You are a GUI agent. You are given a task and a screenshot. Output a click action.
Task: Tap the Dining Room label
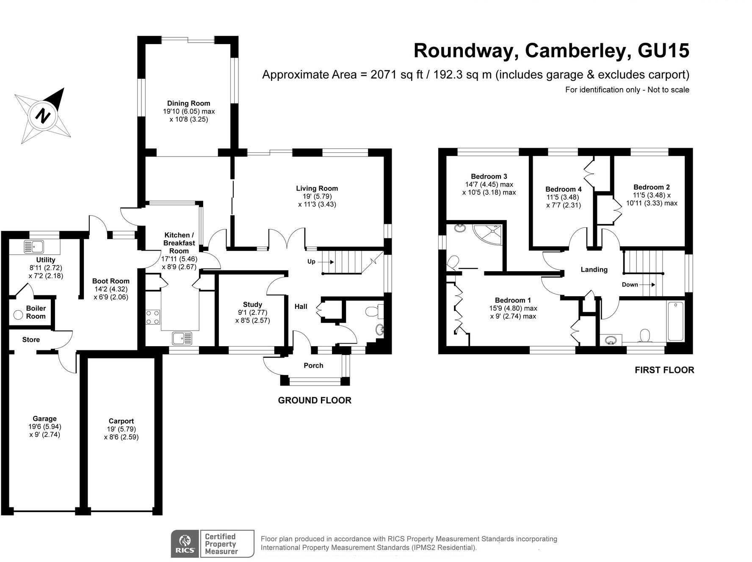pyautogui.click(x=188, y=103)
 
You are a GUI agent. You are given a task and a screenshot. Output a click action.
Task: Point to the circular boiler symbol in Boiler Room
pyautogui.click(x=18, y=315)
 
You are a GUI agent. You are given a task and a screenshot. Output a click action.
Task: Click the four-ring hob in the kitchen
pyautogui.click(x=153, y=317)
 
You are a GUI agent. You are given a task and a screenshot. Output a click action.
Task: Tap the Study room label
pyautogui.click(x=252, y=304)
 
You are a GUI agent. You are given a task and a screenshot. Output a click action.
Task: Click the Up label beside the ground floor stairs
pyautogui.click(x=311, y=262)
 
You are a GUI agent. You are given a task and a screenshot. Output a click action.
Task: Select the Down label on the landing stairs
pyautogui.click(x=630, y=284)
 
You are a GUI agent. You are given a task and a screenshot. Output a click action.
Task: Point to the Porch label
pyautogui.click(x=313, y=366)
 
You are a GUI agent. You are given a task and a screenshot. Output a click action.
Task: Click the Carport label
pyautogui.click(x=121, y=421)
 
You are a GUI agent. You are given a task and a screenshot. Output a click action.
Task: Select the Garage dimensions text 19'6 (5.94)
pyautogui.click(x=44, y=427)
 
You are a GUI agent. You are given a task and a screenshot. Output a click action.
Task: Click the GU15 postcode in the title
pyautogui.click(x=663, y=51)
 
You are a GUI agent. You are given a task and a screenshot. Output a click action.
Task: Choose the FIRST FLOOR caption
pyautogui.click(x=664, y=370)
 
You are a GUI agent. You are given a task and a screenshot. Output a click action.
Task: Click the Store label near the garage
pyautogui.click(x=31, y=340)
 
